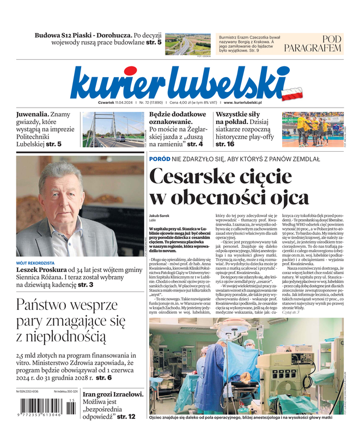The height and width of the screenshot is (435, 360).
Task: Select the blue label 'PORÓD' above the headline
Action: tap(159, 158)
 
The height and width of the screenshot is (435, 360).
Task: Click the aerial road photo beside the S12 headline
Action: tap(187, 44)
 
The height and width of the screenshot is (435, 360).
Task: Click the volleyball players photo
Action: tap(312, 129)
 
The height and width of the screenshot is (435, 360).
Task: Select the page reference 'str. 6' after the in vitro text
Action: tap(103, 377)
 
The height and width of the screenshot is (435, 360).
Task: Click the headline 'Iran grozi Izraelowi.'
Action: tap(112, 395)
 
